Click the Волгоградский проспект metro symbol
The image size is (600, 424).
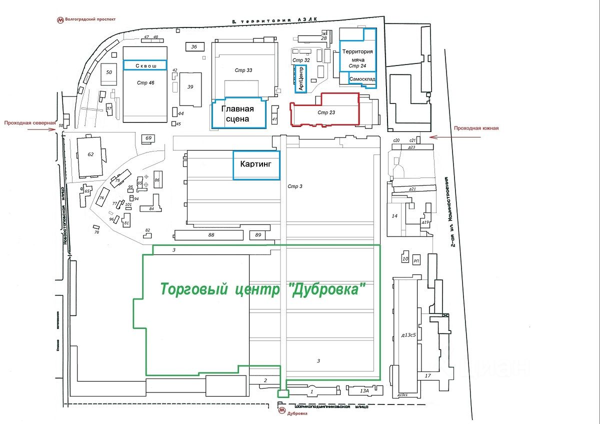(x=60, y=20)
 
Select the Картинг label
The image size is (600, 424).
(x=256, y=164)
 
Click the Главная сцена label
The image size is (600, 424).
(x=237, y=114)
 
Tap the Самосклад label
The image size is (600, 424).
(x=362, y=79)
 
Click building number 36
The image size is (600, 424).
(x=194, y=47)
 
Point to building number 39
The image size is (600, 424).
(x=190, y=87)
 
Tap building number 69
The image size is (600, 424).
(x=148, y=138)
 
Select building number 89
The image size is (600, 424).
(x=258, y=235)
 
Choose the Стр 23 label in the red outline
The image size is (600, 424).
(x=326, y=112)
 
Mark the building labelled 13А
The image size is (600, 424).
(x=364, y=390)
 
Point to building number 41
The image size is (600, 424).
(x=274, y=119)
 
